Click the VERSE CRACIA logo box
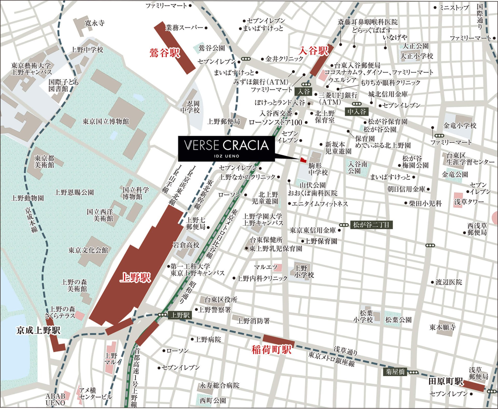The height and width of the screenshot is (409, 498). coord(226,148)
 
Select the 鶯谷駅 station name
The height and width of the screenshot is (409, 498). coord(165,53)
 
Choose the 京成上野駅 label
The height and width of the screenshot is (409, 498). coord(38,331)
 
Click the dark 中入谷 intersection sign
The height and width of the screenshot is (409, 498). coord(357,112)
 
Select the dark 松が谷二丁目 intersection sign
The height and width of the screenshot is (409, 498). coord(371,225)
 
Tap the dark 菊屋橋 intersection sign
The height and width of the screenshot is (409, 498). coord(395,372)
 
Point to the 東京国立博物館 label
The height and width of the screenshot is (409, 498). coord(106,121)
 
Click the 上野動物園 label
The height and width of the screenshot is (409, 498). coord(27,198)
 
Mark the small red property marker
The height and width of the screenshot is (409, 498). coord(303,160)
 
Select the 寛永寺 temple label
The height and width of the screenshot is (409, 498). coord(95,23)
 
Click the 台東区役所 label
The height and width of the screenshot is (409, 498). coord(221,300)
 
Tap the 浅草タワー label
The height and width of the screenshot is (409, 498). coord(469,202)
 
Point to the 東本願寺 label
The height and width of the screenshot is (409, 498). coord(442,327)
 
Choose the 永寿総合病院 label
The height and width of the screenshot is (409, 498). coord(219,385)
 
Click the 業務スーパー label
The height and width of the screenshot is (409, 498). coord(184,28)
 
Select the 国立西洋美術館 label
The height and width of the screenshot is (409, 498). coord(100,215)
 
